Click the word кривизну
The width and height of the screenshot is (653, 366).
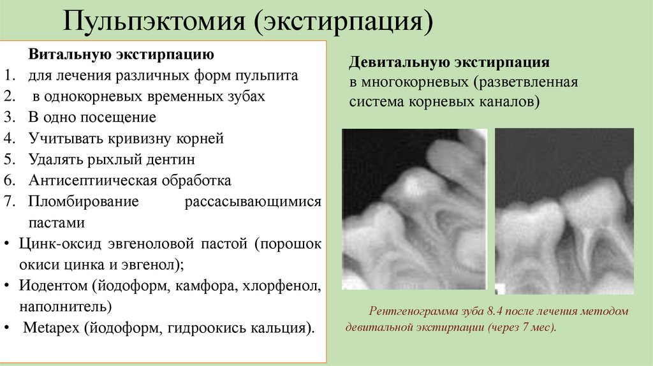[x=139, y=138]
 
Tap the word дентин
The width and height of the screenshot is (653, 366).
[x=172, y=159]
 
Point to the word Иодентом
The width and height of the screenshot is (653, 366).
[x=49, y=285]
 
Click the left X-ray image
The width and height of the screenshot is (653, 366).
[x=415, y=209]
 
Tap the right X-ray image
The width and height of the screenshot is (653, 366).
[x=564, y=211]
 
